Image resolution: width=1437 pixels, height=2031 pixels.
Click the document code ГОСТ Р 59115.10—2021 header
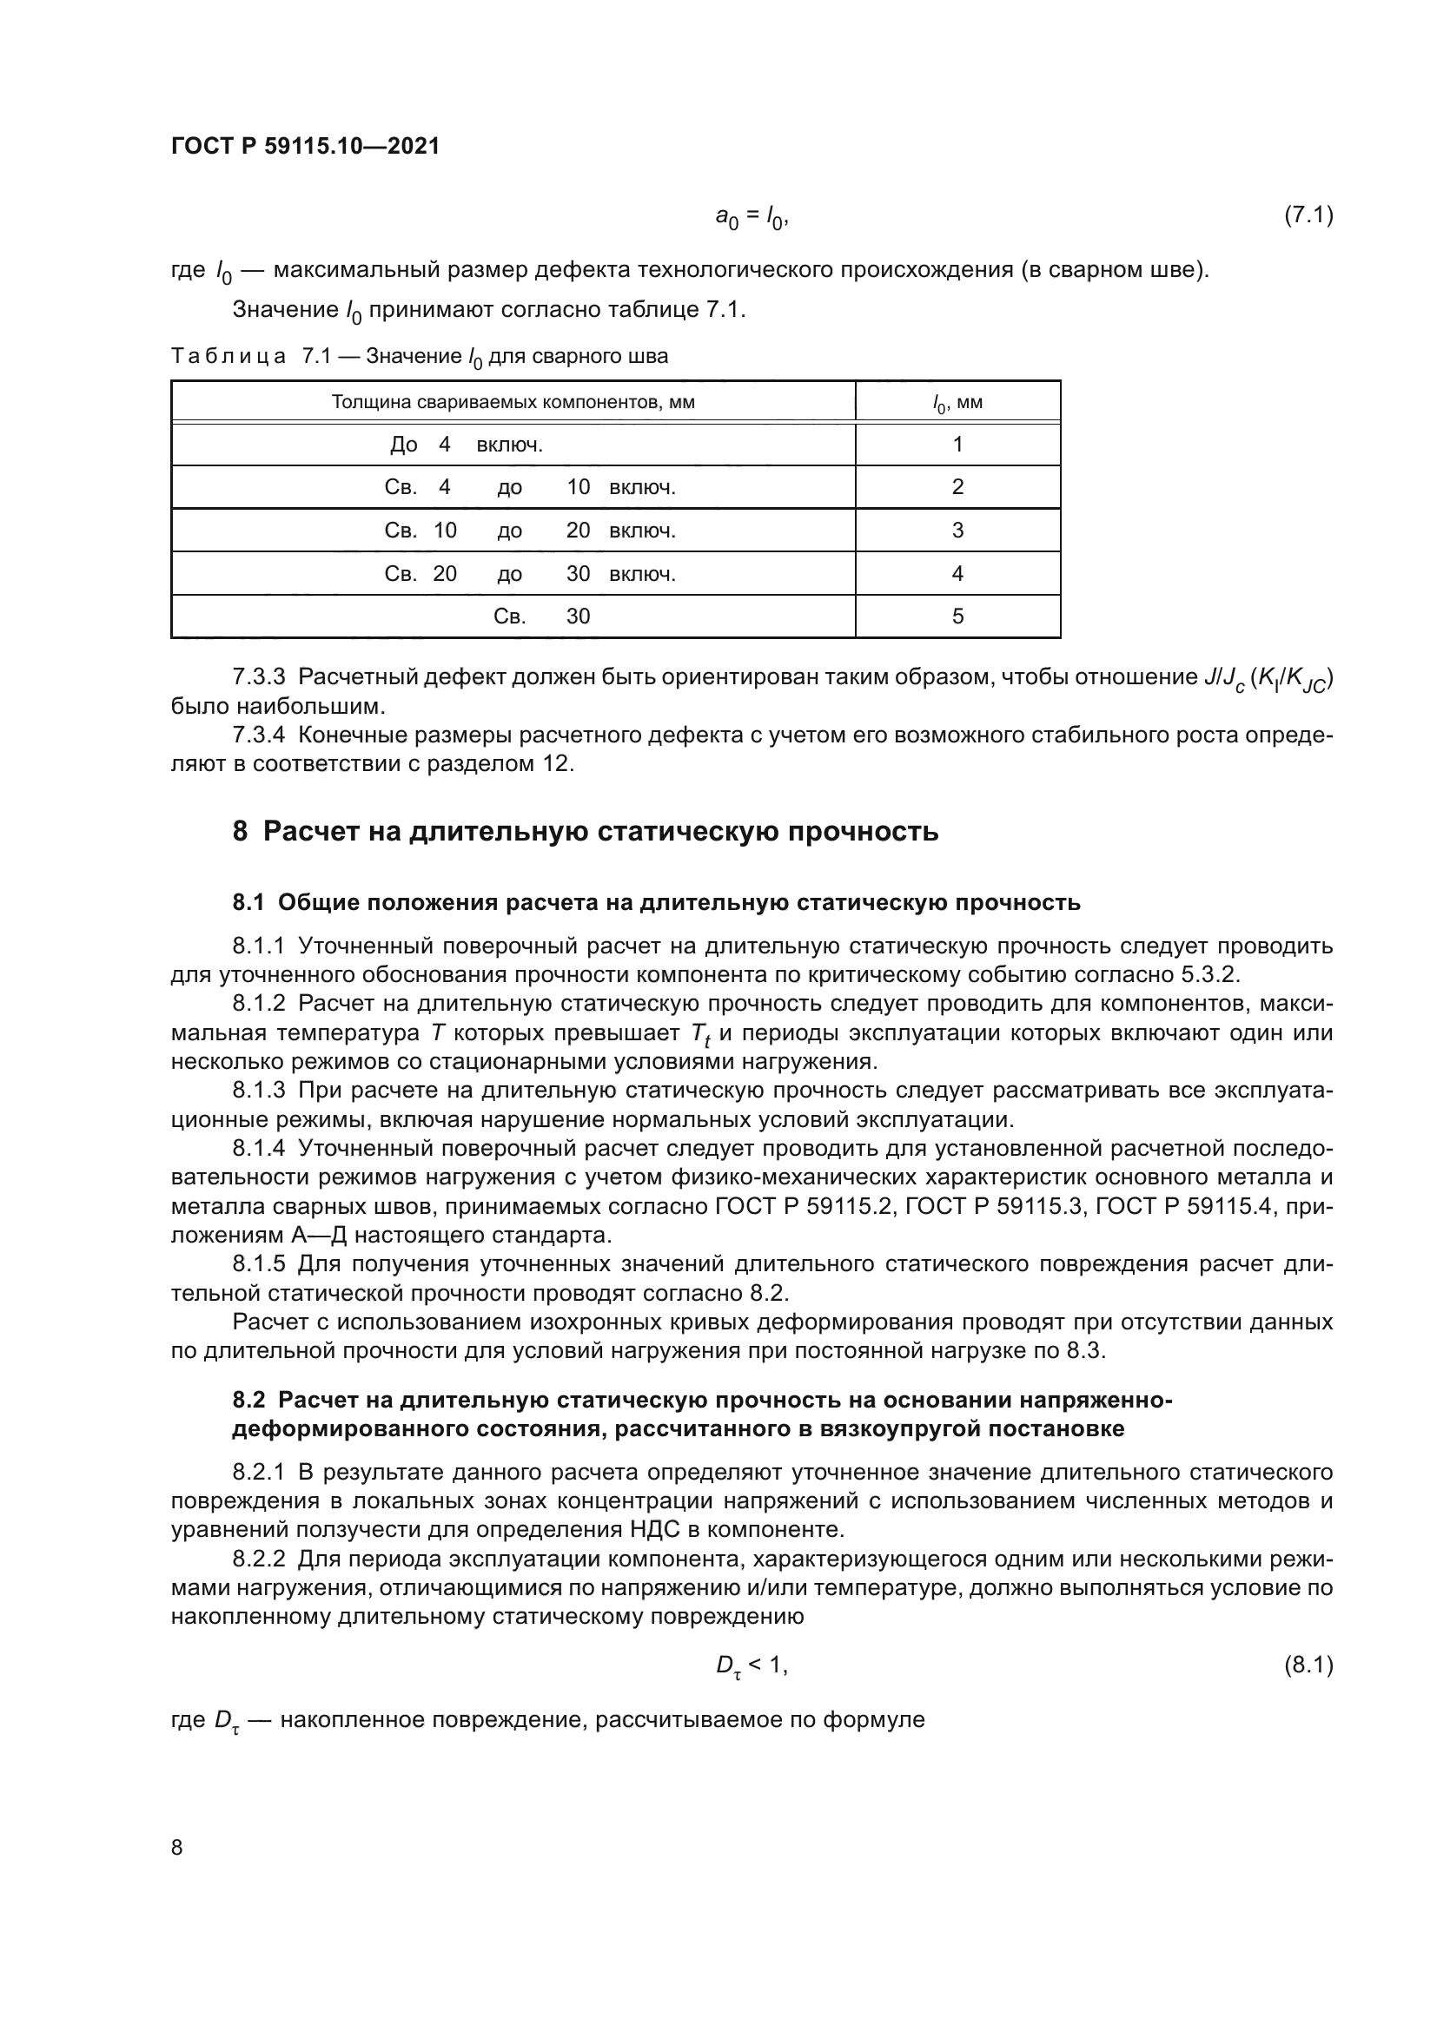[304, 146]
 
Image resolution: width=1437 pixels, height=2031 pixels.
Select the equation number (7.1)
[1308, 215]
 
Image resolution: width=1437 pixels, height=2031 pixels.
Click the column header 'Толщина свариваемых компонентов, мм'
[513, 403]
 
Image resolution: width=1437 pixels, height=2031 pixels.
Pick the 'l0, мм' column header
[957, 404]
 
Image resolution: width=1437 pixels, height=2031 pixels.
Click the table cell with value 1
[957, 444]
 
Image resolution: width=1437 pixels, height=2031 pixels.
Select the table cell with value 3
[957, 530]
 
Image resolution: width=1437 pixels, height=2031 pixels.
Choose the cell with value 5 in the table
[957, 616]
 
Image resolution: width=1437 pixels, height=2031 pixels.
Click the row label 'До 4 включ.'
[467, 444]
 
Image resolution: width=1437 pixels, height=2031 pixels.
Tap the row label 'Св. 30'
[540, 616]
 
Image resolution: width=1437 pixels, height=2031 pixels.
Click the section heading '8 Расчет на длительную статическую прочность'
[585, 832]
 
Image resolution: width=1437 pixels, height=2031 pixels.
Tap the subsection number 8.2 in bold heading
[248, 1400]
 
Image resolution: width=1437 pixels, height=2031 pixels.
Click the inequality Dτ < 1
[751, 1665]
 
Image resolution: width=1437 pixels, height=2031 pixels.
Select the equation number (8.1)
[1308, 1665]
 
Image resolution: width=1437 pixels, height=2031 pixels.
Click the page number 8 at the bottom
[177, 1847]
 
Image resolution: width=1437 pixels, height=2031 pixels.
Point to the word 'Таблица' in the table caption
[228, 357]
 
